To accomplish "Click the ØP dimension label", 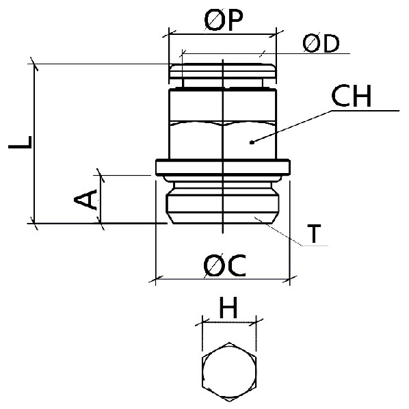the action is pos(224,20).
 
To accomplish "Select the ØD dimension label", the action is pos(321,44).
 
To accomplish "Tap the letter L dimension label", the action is pos(20,142).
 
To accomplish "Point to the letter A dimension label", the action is pos(85,200).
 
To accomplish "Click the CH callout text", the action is pos(351,96).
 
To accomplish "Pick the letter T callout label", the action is pos(314,234).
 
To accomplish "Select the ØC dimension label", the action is pos(224,265).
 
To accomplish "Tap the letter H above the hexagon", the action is pos(228,308).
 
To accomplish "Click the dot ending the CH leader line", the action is pos(252,142).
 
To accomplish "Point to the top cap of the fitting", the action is pos(223,71).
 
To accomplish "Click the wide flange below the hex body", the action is pos(223,167).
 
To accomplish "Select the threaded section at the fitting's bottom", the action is pos(223,202).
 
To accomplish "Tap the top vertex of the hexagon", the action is pos(229,343).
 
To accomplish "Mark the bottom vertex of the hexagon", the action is pos(229,401).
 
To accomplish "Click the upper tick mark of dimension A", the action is pos(101,175).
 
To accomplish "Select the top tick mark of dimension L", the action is pos(34,64).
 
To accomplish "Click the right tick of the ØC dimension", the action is pos(290,279).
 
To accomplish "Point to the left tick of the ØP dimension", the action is pos(169,34).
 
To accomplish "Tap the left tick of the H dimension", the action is pos(202,322).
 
